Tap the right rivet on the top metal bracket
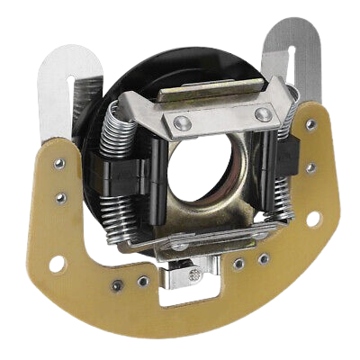coord(262,114)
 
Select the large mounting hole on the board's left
coord(56,264)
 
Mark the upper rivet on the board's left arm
coord(59,164)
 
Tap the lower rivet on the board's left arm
coord(62,197)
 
